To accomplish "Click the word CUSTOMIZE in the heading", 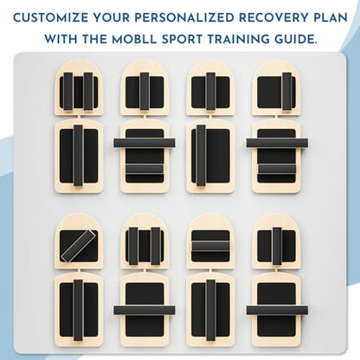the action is tap(51, 18).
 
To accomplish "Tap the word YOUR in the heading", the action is tap(111, 18).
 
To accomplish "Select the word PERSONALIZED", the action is tap(183, 18).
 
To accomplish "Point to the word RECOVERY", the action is tap(273, 18).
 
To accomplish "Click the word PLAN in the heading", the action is tap(330, 18).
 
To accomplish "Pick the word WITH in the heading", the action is tap(61, 39).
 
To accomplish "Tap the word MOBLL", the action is tap(134, 39).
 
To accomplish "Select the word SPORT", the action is tap(182, 39).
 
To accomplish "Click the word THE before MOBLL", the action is tap(94, 39).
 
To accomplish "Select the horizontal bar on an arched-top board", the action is tap(210, 246).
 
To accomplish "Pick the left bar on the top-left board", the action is tap(68, 91).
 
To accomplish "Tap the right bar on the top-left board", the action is tap(88, 91).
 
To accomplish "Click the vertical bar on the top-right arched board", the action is tap(286, 91).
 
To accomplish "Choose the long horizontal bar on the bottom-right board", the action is tap(277, 311).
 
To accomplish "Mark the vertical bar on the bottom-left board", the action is tap(78, 311).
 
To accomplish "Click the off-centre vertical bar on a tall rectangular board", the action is tap(201, 156).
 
